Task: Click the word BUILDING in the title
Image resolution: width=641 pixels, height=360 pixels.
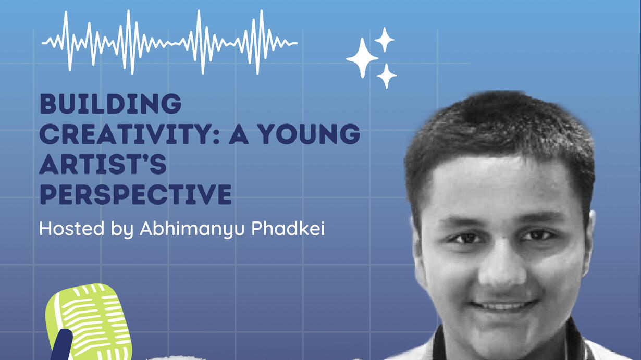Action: (110, 104)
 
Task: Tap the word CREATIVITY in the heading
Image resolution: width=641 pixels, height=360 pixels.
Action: (129, 134)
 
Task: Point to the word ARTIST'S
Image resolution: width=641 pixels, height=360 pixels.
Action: (103, 164)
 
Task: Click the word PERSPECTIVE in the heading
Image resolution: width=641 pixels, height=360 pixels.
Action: (135, 195)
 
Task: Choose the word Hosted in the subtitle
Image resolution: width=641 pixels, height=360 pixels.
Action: (72, 229)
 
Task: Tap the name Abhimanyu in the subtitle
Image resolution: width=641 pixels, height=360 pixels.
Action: (192, 230)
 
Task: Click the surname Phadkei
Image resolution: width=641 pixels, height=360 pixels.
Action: (288, 228)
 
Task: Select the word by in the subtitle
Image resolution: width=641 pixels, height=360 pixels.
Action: (122, 230)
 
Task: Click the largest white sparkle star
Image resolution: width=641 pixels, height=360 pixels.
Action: (362, 58)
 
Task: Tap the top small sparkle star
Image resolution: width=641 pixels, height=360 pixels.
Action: (384, 40)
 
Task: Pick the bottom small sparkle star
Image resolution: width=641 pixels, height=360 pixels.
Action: (386, 76)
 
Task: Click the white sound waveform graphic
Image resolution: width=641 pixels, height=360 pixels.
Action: (169, 42)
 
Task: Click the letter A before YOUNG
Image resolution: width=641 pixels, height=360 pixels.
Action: (239, 134)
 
